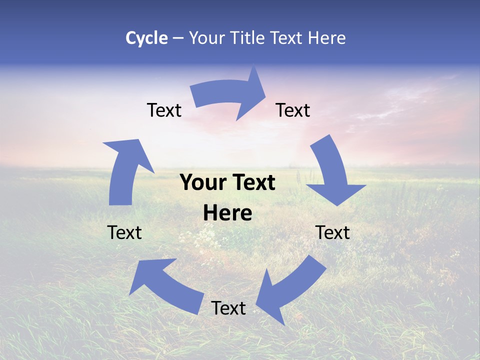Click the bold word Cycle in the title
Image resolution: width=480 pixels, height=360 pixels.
(146, 38)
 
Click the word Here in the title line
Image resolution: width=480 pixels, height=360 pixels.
(326, 38)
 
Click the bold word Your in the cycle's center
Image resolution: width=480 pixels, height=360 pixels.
(203, 182)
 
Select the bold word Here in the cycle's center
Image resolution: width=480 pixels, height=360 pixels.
(227, 213)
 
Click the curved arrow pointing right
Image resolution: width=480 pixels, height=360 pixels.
(230, 95)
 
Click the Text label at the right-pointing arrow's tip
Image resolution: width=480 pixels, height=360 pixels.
(293, 110)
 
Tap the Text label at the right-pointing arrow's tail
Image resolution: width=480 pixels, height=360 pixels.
(164, 110)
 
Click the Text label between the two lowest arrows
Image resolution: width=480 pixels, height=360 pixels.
(228, 308)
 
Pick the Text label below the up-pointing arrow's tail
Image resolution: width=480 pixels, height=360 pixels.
(124, 232)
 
